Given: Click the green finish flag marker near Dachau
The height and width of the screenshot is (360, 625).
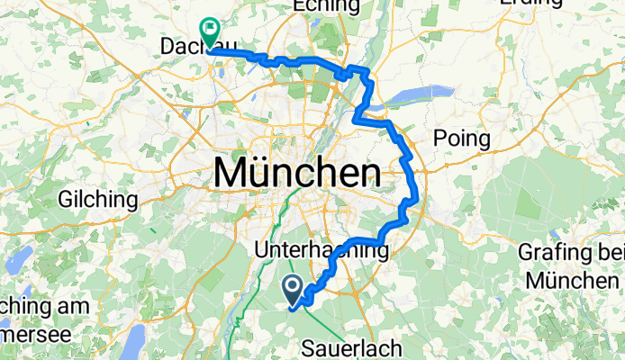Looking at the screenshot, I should pyautogui.click(x=209, y=33).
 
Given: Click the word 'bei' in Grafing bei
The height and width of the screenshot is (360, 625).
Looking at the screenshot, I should pyautogui.click(x=606, y=253).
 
